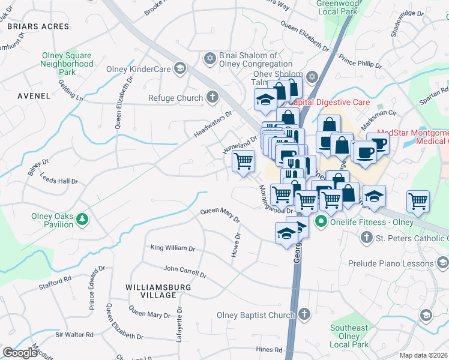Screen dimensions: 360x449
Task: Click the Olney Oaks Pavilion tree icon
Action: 82,221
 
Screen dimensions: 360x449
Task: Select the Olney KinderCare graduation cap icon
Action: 179,69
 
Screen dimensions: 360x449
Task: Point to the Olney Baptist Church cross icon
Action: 305,314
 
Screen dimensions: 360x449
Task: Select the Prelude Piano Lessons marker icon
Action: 442,263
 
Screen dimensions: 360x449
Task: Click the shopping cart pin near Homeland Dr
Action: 243,161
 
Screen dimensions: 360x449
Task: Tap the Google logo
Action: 20,353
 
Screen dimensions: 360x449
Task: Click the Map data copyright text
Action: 424,355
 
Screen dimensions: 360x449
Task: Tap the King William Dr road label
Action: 172,248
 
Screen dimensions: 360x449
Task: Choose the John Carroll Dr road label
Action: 184,273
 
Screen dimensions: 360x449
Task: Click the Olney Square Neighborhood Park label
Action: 67,64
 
